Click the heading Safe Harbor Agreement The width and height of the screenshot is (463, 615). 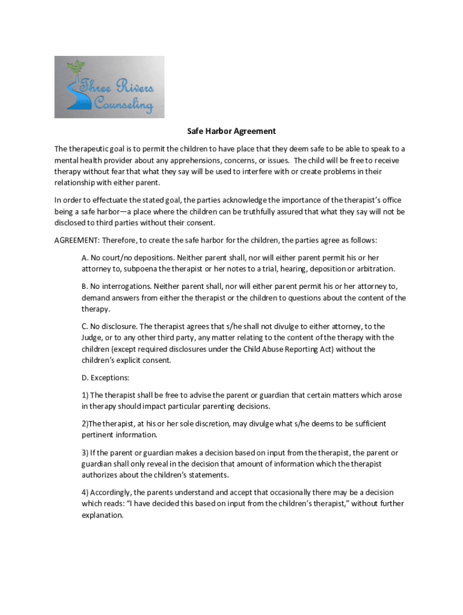(x=231, y=131)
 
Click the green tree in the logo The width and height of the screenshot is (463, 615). (x=75, y=68)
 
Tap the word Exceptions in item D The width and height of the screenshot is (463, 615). (x=110, y=378)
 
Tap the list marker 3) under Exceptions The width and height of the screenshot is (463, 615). (x=85, y=452)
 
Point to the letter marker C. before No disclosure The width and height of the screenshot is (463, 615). (x=85, y=326)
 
